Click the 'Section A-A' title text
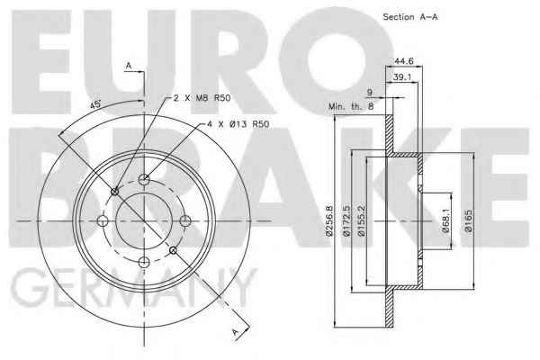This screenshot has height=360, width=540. [x=410, y=17]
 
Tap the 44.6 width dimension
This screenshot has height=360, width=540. [x=403, y=61]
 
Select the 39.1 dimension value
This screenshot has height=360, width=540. [x=402, y=77]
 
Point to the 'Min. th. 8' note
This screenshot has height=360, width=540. [x=351, y=106]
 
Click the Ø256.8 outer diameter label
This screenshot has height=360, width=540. [x=329, y=221]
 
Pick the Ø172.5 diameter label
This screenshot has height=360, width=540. [x=346, y=221]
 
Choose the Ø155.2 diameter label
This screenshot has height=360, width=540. [x=361, y=221]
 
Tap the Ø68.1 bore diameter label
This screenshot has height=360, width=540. [x=446, y=221]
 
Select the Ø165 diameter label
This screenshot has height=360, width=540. [x=468, y=221]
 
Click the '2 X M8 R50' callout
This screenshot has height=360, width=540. [x=202, y=98]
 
